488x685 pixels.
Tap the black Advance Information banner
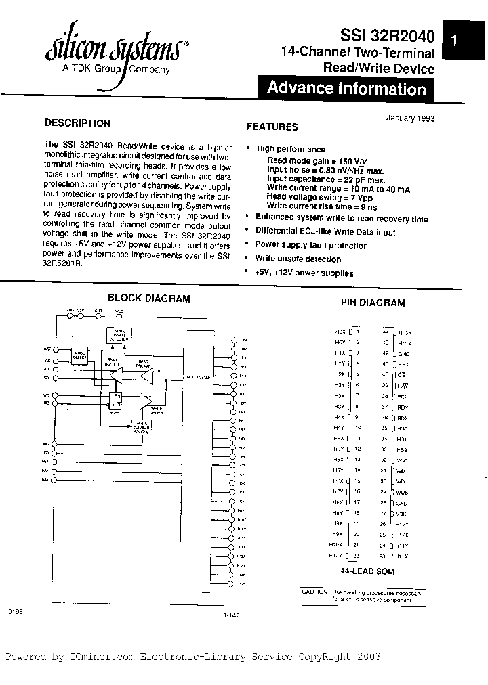[x=346, y=88]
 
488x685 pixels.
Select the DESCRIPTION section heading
[x=77, y=123]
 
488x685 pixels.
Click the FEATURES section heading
[x=272, y=126]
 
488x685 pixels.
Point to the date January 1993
[x=410, y=117]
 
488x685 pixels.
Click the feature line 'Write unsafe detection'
[x=298, y=259]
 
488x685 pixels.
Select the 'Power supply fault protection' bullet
[x=311, y=245]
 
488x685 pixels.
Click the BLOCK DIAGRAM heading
[x=149, y=298]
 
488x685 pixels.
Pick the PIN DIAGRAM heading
[x=373, y=303]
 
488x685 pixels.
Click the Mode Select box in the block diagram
[x=81, y=353]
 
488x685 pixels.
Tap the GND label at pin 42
[x=403, y=353]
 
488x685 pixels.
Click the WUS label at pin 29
[x=403, y=493]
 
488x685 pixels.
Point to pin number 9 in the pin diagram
[x=357, y=417]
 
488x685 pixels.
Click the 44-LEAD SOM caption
[x=367, y=571]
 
